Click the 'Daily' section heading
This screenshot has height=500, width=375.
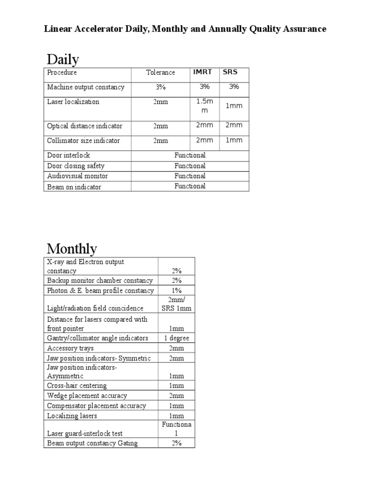coord(63,60)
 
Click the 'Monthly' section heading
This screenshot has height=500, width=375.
coord(72,249)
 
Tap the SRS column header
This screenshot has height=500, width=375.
coord(230,72)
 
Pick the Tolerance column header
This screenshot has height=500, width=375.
coord(161,72)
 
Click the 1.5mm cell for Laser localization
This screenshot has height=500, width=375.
coord(205,106)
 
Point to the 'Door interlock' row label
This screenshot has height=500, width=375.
coord(69,155)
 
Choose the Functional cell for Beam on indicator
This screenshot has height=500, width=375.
coord(190,186)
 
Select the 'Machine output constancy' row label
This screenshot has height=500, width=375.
coord(86,87)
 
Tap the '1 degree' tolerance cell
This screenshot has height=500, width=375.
coord(176,338)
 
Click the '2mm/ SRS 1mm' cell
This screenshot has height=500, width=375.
coord(176,304)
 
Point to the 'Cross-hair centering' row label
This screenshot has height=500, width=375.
coord(77,386)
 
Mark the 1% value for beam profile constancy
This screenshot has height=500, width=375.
coord(176,291)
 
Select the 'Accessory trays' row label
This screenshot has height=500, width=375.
coord(71,348)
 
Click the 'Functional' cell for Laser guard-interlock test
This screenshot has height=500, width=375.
coord(176,429)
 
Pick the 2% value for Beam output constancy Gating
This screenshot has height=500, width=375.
coord(176,443)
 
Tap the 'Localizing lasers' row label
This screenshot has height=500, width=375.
coord(72,416)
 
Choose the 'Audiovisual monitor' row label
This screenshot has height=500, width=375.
coord(78,176)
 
